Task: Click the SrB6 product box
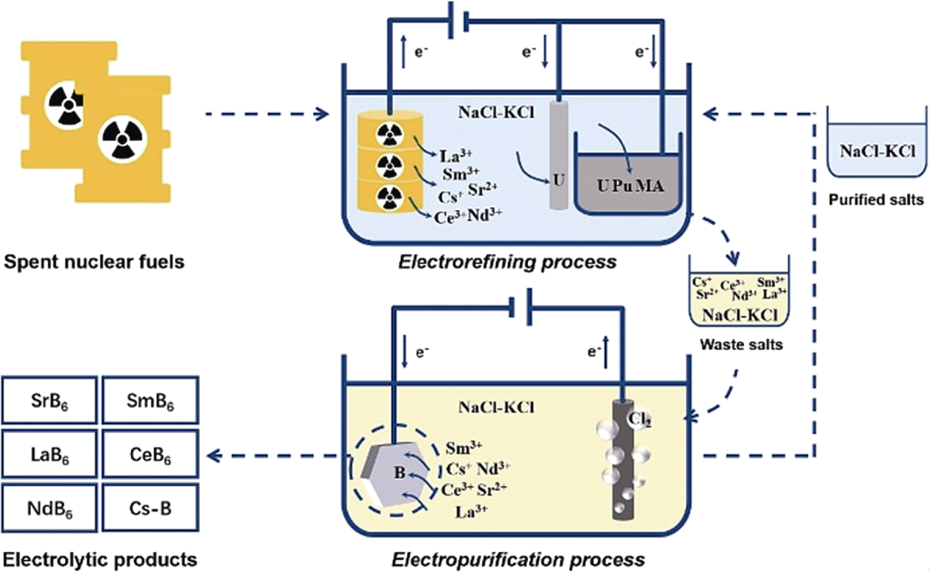[x=50, y=402]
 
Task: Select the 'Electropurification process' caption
[x=518, y=558]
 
